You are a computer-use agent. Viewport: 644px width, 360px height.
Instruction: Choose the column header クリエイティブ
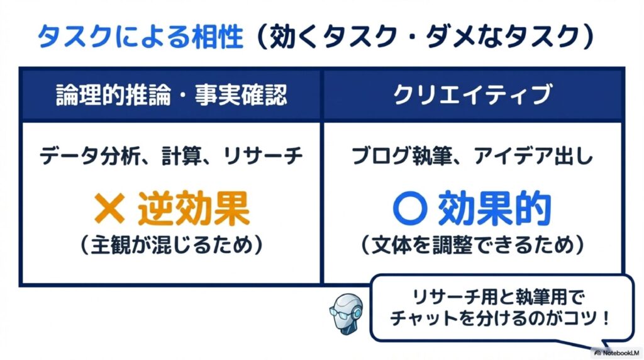pos(472,95)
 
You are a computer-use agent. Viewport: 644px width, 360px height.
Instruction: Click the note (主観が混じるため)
pos(171,244)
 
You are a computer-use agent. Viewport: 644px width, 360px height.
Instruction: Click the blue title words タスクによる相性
pos(140,38)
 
